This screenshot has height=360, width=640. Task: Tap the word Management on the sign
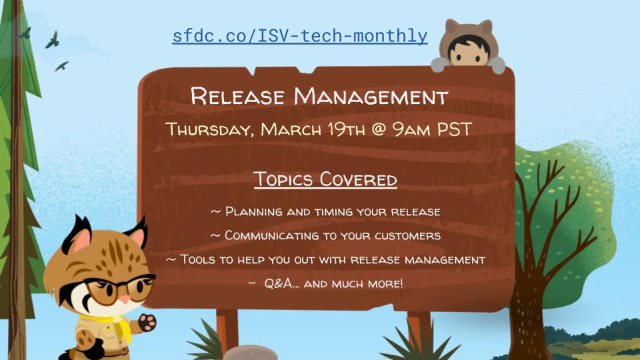(371, 97)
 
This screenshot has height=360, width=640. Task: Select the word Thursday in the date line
(209, 129)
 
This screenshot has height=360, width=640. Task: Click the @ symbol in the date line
(378, 129)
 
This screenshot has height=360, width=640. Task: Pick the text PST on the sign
(454, 129)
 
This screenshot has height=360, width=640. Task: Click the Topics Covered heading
(325, 179)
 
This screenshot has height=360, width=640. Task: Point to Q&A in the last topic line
(281, 283)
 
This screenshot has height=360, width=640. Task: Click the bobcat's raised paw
(146, 323)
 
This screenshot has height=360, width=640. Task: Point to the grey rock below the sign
(249, 353)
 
